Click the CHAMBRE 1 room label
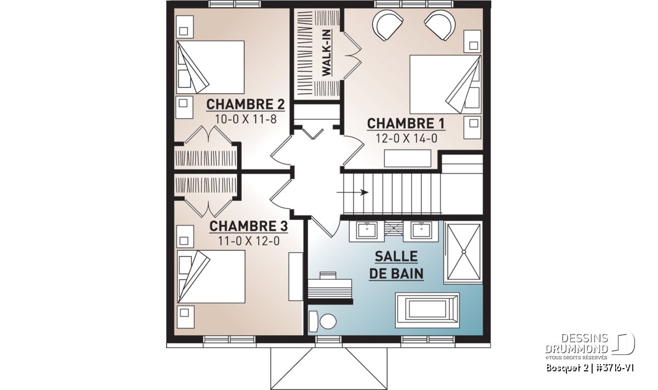[406, 123]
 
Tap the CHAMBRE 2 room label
[245, 104]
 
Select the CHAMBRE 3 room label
[248, 227]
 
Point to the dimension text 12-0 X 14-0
[406, 138]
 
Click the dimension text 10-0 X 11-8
[246, 119]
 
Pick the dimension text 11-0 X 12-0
[248, 241]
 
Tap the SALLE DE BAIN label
[396, 265]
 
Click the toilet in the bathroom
[322, 321]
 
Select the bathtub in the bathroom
[427, 310]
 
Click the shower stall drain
[464, 252]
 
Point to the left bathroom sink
[367, 230]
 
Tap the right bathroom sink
[421, 230]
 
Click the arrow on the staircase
[353, 193]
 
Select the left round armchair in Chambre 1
[388, 25]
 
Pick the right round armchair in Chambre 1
[440, 25]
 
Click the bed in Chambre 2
[211, 67]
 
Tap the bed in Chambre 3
[211, 276]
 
